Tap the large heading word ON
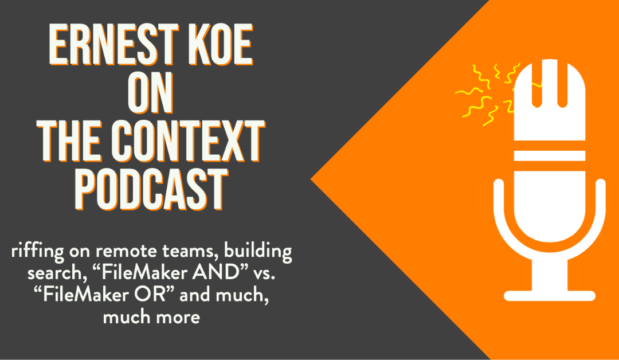150,93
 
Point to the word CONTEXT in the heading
188,142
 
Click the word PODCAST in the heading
151,190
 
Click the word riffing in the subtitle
37,252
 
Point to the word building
258,252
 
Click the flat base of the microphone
550,296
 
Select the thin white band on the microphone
550,155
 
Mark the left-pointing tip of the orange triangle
311,179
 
